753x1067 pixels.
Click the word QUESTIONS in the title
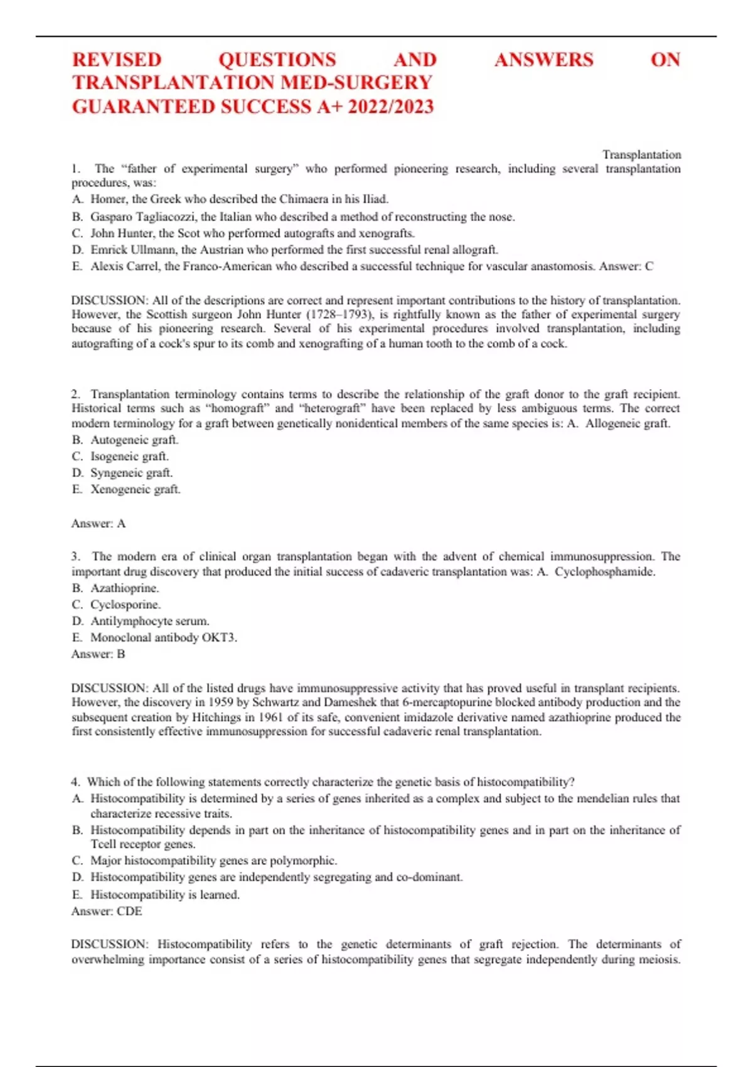coord(277,60)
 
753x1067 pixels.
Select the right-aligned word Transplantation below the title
coord(641,154)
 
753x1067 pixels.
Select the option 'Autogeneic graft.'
coord(134,440)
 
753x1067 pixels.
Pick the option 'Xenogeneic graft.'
coord(135,489)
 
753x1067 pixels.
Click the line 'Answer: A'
coord(99,523)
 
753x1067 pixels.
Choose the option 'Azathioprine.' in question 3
coord(124,588)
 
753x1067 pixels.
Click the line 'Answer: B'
coord(99,654)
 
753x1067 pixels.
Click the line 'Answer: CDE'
coord(107,911)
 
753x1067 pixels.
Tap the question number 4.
coord(75,782)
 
